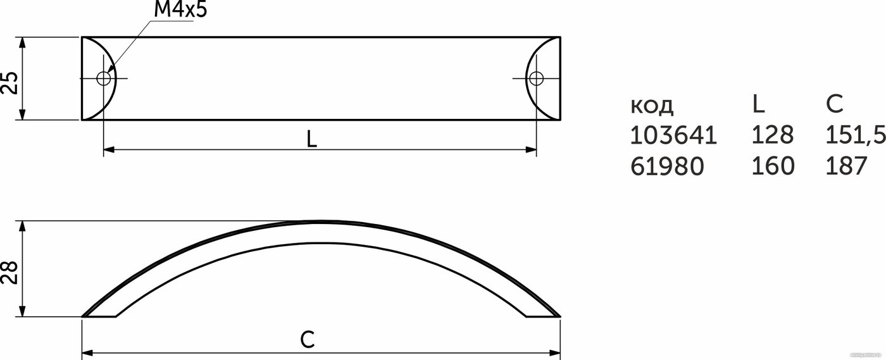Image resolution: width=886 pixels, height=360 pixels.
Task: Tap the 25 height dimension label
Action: click(x=9, y=83)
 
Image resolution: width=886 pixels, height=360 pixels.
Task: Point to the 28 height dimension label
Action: click(x=9, y=272)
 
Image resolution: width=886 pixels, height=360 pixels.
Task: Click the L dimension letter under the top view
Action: click(x=311, y=139)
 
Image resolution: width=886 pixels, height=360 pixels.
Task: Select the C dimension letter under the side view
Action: click(x=308, y=339)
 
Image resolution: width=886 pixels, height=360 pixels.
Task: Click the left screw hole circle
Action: click(x=104, y=78)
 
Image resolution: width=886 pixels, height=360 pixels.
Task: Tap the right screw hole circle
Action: click(x=537, y=78)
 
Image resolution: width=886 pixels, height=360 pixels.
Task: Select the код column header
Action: click(x=652, y=105)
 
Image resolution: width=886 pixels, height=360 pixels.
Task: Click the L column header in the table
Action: click(x=758, y=104)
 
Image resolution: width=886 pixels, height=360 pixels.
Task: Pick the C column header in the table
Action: click(x=834, y=104)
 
